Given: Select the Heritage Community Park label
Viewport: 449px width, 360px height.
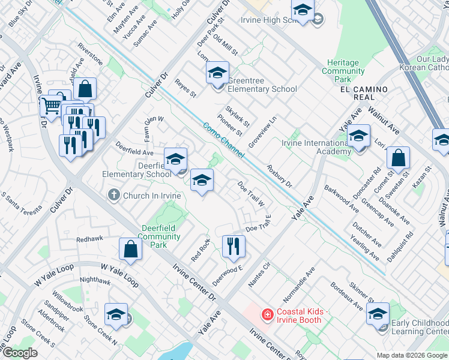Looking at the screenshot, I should click(x=343, y=71).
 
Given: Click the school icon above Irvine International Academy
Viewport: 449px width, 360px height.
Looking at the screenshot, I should click(x=359, y=137).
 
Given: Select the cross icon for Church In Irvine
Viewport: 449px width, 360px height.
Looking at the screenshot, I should click(x=114, y=195).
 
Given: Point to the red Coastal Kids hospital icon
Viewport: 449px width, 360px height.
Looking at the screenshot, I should click(x=267, y=314).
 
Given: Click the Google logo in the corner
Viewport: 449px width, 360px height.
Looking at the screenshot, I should click(x=20, y=353).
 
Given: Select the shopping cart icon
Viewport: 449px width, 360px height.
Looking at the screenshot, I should click(x=50, y=106).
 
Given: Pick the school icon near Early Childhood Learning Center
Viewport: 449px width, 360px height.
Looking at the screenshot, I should click(x=378, y=314).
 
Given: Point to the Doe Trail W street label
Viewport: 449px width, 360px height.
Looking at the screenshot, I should click(x=251, y=194).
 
